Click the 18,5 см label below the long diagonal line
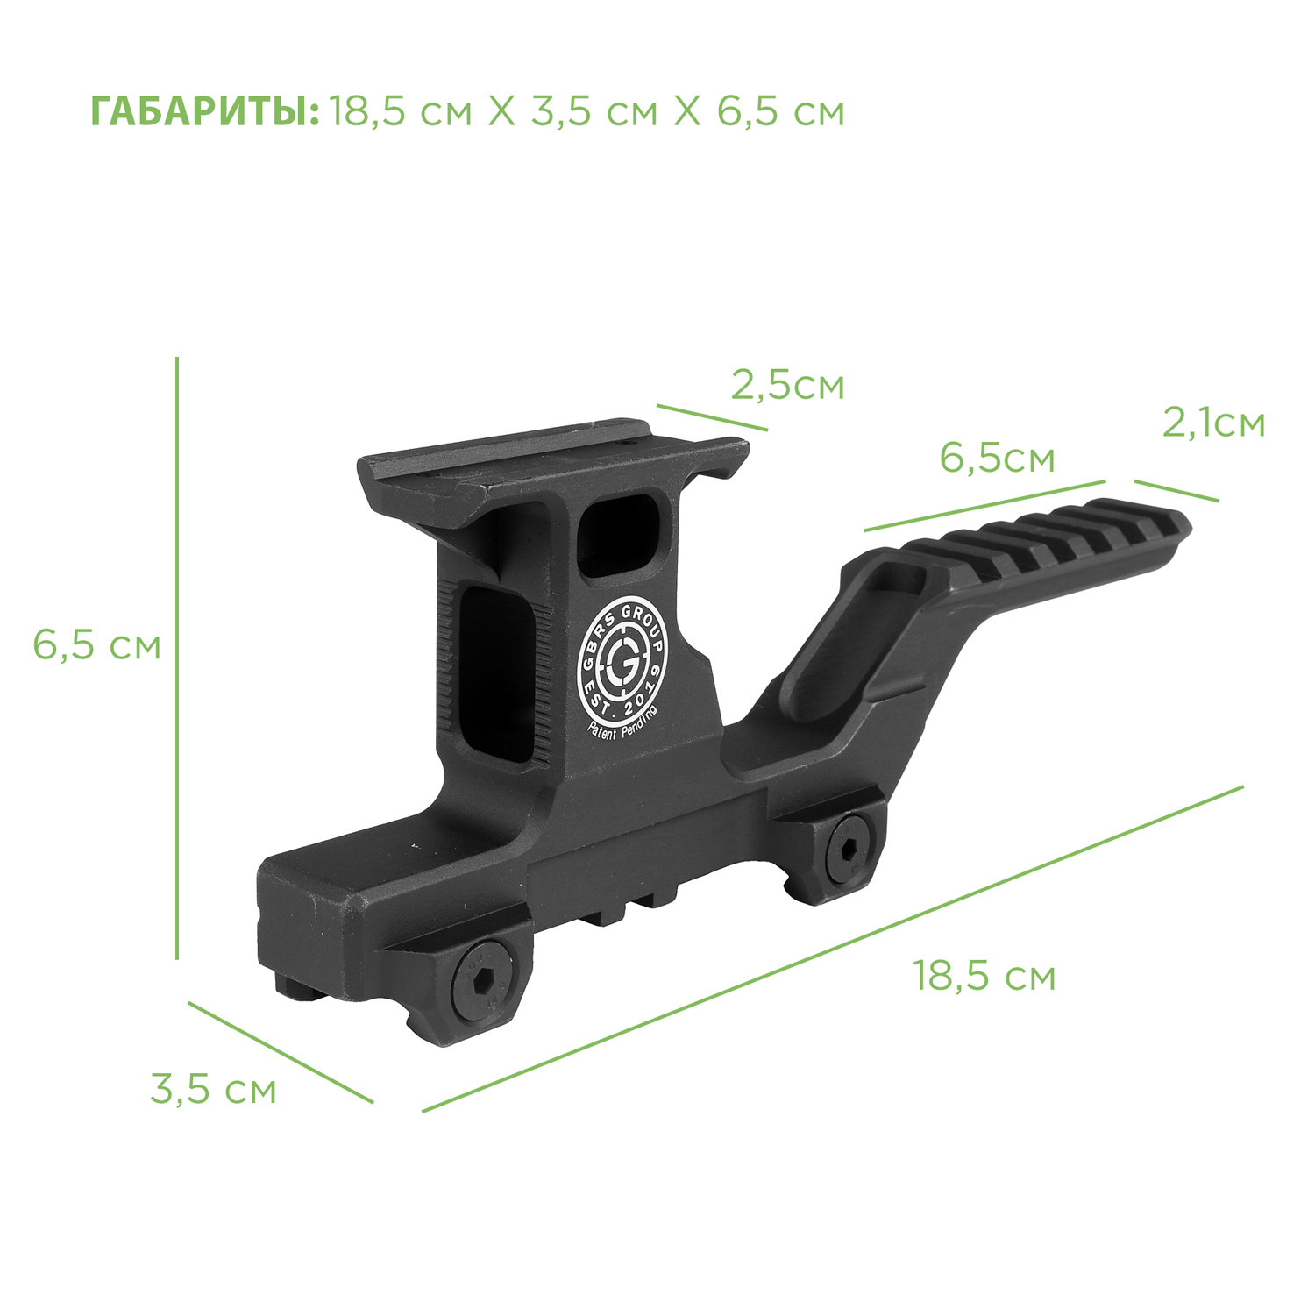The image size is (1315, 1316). click(984, 976)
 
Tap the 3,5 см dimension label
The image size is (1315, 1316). click(213, 1090)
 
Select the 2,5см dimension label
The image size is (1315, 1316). click(787, 385)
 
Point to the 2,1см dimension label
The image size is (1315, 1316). click(1214, 423)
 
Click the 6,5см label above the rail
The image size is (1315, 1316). click(997, 458)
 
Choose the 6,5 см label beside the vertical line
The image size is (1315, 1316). click(96, 645)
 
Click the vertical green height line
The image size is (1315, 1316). click(177, 658)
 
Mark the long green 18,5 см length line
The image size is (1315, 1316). click(833, 949)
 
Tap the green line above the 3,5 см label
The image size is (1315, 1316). click(281, 1052)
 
